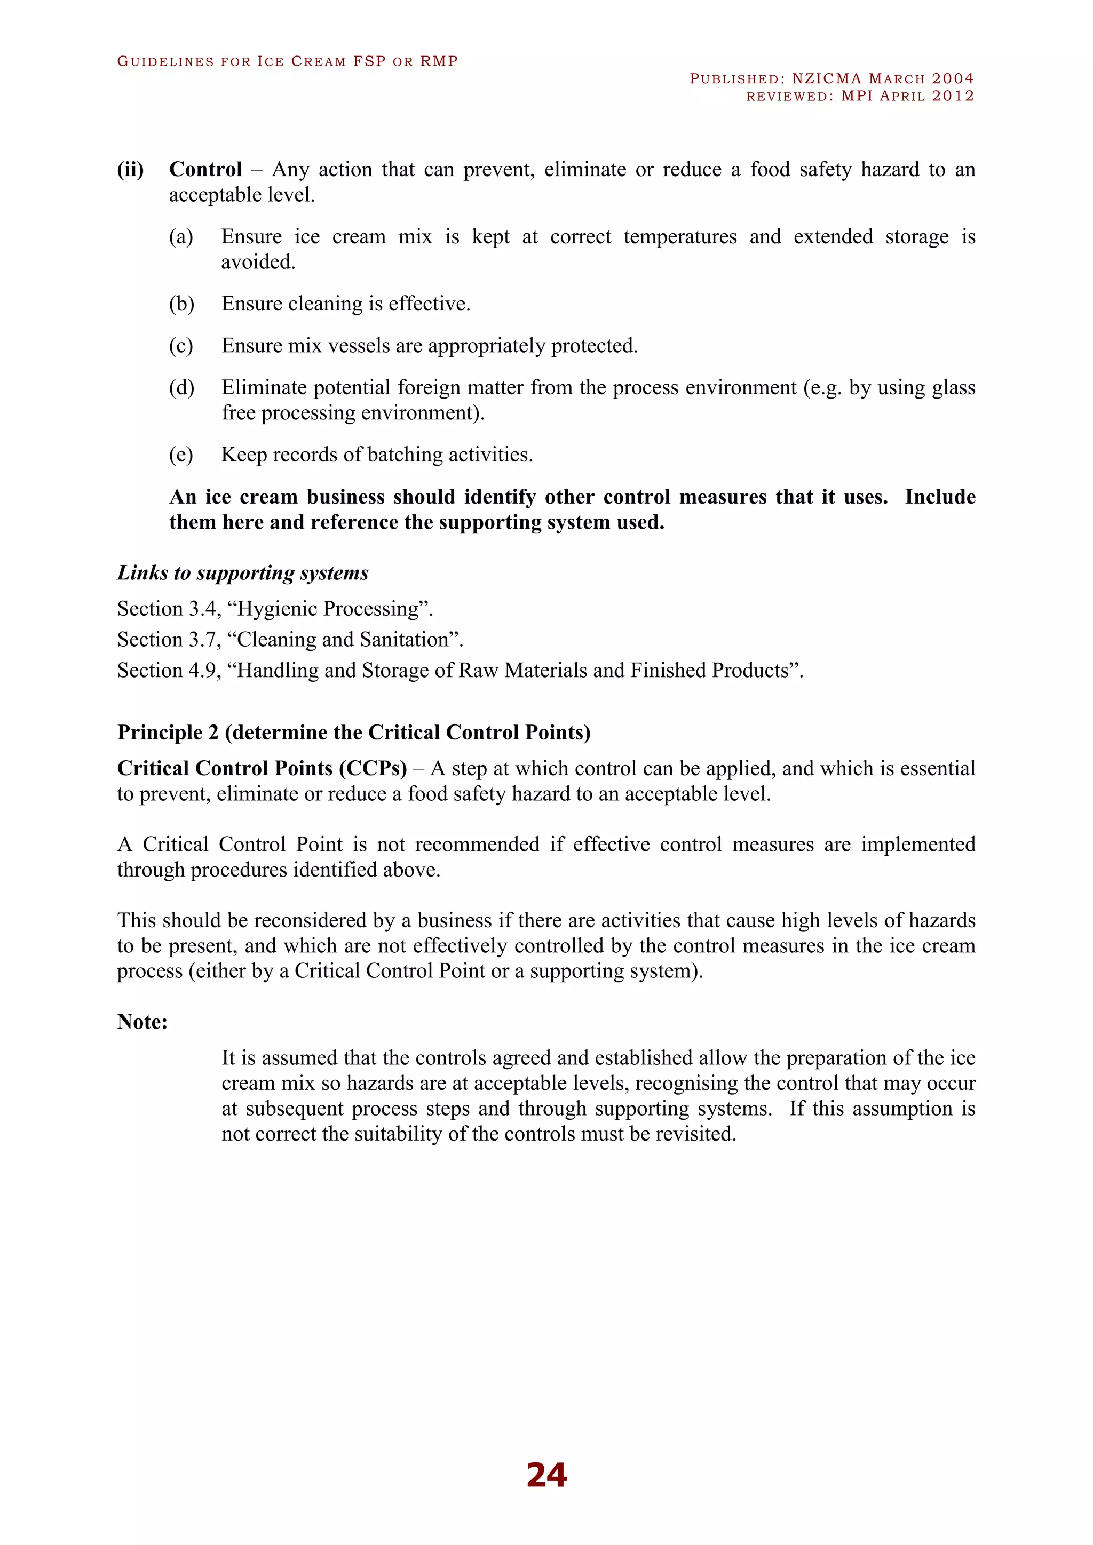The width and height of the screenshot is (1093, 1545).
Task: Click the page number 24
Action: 546,1475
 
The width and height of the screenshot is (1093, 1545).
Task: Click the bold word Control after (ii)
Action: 205,170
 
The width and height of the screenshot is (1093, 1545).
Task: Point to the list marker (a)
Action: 181,237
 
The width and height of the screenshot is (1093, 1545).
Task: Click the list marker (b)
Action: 181,304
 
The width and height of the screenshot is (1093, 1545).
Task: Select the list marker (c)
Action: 181,346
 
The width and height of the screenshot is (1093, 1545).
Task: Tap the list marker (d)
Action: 181,388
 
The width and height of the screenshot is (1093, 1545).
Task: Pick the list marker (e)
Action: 181,455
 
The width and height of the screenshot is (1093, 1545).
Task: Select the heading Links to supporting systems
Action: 243,572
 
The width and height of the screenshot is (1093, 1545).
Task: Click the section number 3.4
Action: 202,609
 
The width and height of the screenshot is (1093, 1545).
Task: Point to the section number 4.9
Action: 202,671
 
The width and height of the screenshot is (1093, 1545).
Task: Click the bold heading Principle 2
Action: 168,732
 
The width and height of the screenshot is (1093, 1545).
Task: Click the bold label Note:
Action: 142,1022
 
